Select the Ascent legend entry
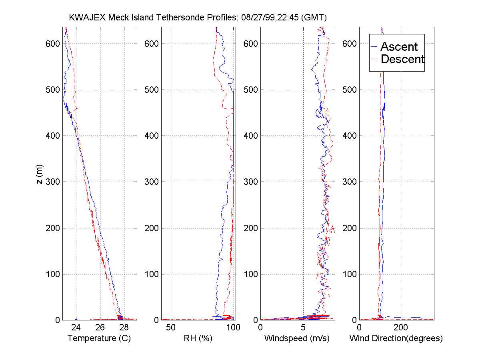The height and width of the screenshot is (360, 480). tap(399, 47)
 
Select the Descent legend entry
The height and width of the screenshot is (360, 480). tap(402, 60)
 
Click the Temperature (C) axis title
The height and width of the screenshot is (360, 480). tap(99, 338)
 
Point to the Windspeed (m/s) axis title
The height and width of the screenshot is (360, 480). tap(296, 338)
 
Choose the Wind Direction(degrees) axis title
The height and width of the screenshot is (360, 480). tap(396, 338)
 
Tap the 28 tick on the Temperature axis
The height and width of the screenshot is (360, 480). tap(124, 328)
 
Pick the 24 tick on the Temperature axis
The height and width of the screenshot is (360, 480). tap(76, 328)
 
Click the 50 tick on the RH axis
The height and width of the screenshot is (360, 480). tap(171, 328)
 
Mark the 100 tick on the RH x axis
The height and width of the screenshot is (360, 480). tap(234, 328)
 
